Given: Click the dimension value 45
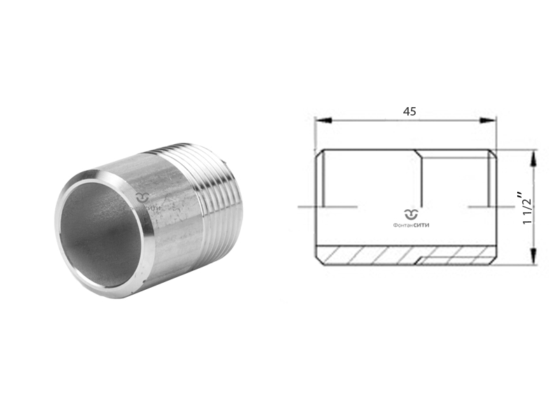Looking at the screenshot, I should point(409,111).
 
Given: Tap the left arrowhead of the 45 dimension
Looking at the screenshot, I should point(319,121).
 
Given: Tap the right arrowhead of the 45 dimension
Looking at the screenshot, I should point(491,121).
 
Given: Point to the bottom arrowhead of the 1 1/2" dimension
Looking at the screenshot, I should point(535,260).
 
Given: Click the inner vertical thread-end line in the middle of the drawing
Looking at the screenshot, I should point(421,179).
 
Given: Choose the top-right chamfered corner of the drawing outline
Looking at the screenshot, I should point(493,153).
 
